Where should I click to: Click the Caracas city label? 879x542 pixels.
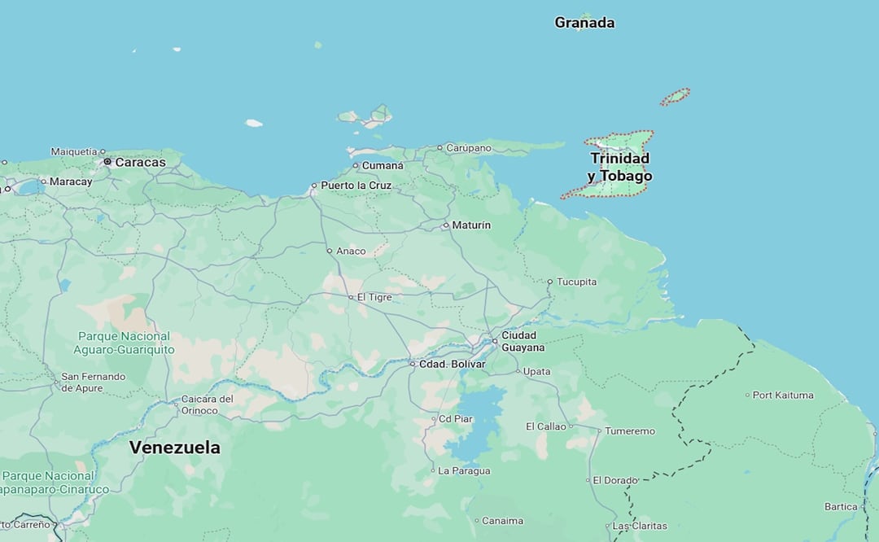tap(140, 162)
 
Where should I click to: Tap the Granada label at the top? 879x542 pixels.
tap(584, 23)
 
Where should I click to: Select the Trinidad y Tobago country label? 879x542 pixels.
tap(620, 167)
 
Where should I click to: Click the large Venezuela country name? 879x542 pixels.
tap(174, 448)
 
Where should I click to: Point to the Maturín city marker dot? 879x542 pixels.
tap(446, 225)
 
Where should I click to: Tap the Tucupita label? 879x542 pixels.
tap(576, 282)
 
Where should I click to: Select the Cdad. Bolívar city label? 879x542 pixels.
tap(452, 364)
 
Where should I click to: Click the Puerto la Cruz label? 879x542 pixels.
tap(356, 186)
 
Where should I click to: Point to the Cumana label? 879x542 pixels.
tap(383, 165)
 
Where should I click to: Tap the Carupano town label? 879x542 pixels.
tap(469, 148)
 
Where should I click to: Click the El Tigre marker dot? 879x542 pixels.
tap(351, 297)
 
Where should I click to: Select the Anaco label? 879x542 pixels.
tap(351, 251)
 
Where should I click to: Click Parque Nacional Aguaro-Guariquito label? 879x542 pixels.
tap(124, 343)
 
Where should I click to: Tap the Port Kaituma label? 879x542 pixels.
tap(783, 395)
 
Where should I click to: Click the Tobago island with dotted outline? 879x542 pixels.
tap(675, 97)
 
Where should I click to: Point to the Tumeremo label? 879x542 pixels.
tap(629, 431)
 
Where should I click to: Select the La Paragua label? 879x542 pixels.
tap(464, 470)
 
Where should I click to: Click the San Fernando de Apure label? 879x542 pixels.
tap(94, 382)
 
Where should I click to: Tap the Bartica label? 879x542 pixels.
tap(841, 506)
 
